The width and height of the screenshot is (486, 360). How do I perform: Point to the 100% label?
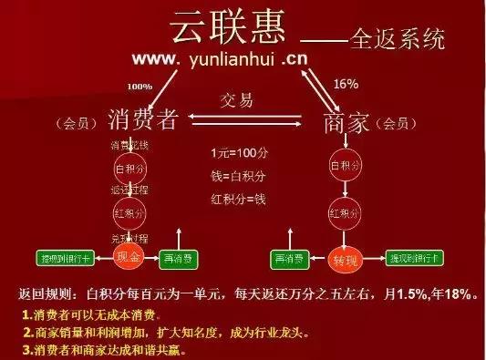(x=140, y=86)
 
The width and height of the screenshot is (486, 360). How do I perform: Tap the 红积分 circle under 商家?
(x=342, y=215)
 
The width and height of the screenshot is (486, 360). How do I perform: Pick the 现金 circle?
(x=127, y=258)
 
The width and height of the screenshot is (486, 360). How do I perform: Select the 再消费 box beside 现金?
(x=181, y=258)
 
